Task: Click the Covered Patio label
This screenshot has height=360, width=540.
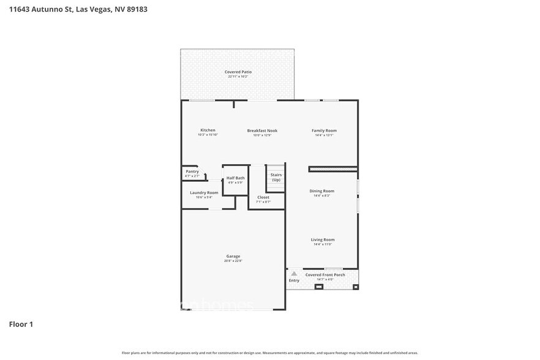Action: pyautogui.click(x=238, y=72)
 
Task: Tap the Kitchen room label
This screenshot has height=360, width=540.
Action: pyautogui.click(x=208, y=130)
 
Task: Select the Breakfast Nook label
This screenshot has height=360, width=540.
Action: pyautogui.click(x=262, y=130)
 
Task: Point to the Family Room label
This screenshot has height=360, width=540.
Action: pyautogui.click(x=324, y=130)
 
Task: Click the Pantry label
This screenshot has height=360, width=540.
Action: pyautogui.click(x=192, y=171)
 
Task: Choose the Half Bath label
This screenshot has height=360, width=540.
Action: pyautogui.click(x=235, y=178)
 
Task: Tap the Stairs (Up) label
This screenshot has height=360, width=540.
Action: pyautogui.click(x=276, y=177)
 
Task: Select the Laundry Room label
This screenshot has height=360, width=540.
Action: pyautogui.click(x=204, y=192)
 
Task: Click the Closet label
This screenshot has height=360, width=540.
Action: pyautogui.click(x=263, y=197)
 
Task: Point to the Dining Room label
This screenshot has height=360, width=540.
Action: pyautogui.click(x=321, y=191)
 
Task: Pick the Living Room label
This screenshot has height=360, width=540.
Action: pyautogui.click(x=323, y=239)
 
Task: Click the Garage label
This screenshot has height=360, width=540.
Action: pyautogui.click(x=233, y=256)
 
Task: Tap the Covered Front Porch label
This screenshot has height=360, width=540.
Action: pyautogui.click(x=325, y=275)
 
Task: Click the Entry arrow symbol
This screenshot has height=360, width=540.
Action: pyautogui.click(x=294, y=274)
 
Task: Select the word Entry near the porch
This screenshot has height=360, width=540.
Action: pyautogui.click(x=294, y=280)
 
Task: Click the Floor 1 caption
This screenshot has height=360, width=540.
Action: pyautogui.click(x=21, y=324)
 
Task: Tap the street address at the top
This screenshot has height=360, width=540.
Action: pyautogui.click(x=77, y=9)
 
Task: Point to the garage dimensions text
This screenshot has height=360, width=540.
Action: pyautogui.click(x=233, y=261)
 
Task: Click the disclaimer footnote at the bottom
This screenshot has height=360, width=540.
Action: pyautogui.click(x=269, y=353)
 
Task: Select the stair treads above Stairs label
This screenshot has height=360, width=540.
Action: pyautogui.click(x=276, y=168)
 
